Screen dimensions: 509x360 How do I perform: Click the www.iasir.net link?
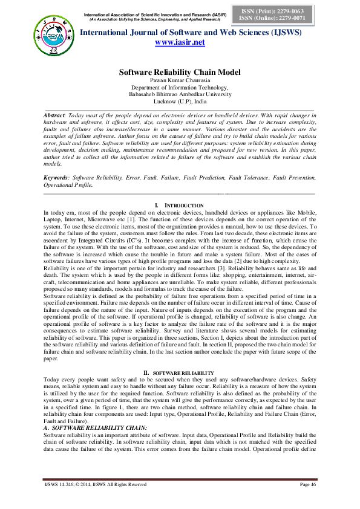click(x=180, y=42)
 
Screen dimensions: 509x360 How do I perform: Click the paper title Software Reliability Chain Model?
click(x=180, y=72)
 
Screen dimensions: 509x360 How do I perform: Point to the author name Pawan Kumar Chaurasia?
click(x=180, y=80)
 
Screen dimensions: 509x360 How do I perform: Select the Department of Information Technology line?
click(x=180, y=88)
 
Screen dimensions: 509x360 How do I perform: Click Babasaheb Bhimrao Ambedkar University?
click(x=180, y=94)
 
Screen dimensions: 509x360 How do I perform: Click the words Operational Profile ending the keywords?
click(x=69, y=185)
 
